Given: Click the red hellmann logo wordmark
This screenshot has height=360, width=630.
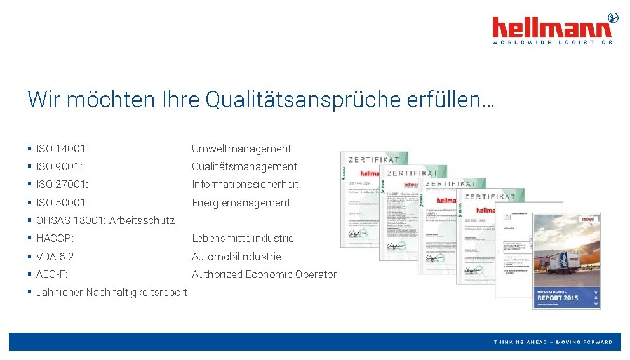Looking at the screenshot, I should (552, 27).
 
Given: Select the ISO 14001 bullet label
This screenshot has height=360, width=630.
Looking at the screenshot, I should (62, 149).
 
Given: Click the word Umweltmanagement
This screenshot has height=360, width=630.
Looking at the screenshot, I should (241, 149).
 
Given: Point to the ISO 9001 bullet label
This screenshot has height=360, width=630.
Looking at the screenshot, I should (60, 167).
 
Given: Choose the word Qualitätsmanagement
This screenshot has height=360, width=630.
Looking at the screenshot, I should (245, 167).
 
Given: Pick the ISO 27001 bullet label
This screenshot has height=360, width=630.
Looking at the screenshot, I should (62, 185).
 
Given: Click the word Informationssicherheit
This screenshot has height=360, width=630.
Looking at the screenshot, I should (245, 185).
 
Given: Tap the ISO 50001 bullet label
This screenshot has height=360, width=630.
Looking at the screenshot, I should (62, 203).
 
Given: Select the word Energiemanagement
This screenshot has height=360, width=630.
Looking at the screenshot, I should (241, 203).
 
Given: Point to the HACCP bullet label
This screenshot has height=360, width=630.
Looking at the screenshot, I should (55, 239).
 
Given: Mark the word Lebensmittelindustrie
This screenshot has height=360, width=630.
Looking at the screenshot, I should (243, 239).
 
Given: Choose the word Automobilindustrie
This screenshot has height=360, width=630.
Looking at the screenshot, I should (236, 257).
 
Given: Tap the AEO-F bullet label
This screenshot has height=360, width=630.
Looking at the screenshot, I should (52, 275).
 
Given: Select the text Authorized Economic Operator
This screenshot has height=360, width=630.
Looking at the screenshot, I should (264, 275).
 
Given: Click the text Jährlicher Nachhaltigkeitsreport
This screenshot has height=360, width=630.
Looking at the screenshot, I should (112, 293).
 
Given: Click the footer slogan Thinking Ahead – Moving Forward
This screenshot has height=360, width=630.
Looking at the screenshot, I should (553, 342).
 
